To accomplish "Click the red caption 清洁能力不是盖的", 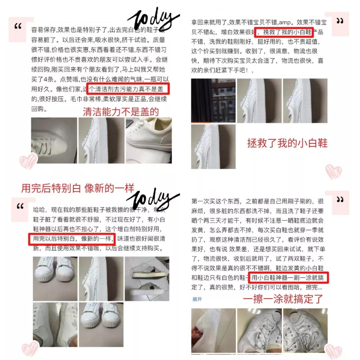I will point(121,112).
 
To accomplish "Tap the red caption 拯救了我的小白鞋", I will point(287,143).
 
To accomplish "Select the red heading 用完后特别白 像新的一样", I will point(78,188).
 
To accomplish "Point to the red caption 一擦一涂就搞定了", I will point(283,299).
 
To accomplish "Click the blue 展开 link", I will point(197,299).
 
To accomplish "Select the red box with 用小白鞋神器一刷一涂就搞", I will point(289,277).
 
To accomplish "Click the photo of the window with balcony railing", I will point(213,101).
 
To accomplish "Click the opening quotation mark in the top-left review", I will point(18,27).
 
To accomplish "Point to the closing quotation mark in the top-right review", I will point(340,21).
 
